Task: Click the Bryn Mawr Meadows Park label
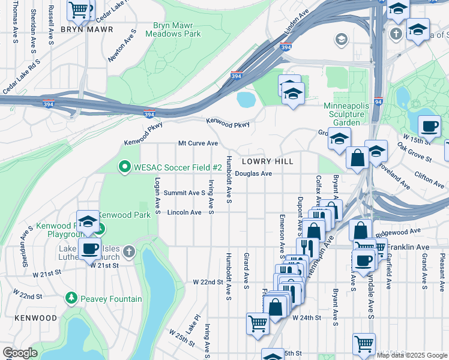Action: (176, 30)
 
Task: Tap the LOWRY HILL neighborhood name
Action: (268, 161)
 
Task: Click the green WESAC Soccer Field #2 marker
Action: (125, 166)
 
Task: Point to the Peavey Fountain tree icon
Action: (71, 298)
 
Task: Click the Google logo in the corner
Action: (20, 353)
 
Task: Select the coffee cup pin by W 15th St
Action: (429, 127)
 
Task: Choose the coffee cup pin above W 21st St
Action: (90, 248)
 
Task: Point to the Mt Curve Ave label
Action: (197, 143)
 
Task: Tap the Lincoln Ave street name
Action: (184, 212)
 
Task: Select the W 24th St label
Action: (307, 317)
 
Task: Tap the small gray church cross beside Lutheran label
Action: (128, 251)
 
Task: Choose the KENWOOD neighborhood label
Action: (36, 317)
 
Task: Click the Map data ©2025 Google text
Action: (412, 355)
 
